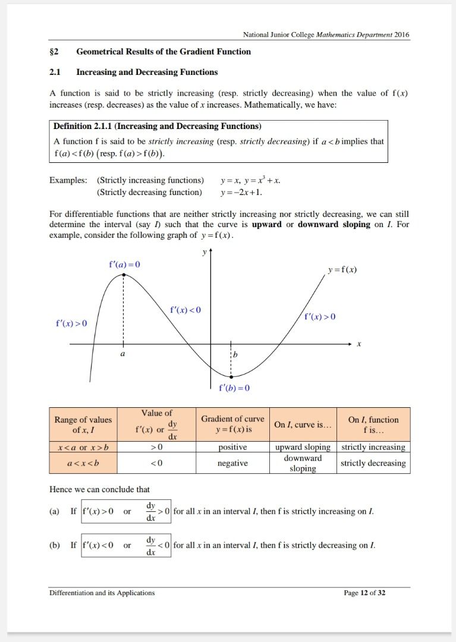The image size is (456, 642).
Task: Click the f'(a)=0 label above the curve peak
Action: click(x=124, y=264)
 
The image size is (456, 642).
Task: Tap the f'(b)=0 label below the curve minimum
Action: click(x=234, y=388)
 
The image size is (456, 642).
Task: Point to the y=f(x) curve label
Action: click(x=342, y=270)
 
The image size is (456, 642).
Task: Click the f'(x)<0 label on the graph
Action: click(x=185, y=310)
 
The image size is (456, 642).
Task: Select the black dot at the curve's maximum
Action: click(x=124, y=275)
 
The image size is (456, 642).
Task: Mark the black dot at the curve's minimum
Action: click(x=231, y=376)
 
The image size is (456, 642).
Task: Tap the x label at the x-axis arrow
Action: click(x=358, y=344)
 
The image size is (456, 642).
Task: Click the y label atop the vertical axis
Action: click(x=203, y=253)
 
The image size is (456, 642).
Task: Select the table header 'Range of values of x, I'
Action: click(x=83, y=424)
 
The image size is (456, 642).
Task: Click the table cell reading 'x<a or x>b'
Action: click(x=83, y=447)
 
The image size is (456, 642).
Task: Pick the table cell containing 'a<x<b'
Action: click(x=83, y=463)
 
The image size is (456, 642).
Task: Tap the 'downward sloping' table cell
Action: click(x=303, y=463)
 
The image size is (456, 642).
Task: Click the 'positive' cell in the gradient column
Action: click(x=232, y=447)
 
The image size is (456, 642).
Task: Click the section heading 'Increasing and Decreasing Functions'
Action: click(x=147, y=72)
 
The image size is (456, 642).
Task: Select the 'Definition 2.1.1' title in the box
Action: click(x=157, y=126)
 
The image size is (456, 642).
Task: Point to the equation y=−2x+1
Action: click(x=241, y=192)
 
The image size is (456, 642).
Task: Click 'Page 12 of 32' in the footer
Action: click(x=364, y=593)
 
